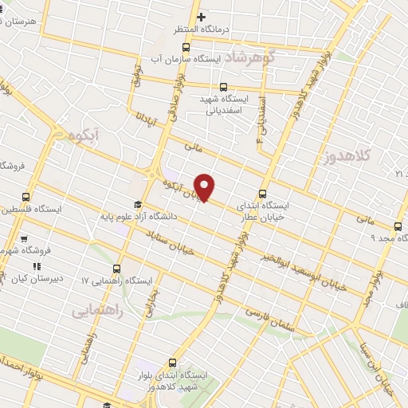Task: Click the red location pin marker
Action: click(205, 187)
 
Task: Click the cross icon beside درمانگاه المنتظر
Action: click(202, 18)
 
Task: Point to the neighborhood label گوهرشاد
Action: click(249, 57)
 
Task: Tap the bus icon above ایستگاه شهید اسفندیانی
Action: click(222, 87)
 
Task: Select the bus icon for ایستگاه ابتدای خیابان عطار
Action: click(264, 193)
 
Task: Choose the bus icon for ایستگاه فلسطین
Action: click(26, 197)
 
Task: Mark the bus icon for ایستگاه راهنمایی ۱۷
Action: click(117, 269)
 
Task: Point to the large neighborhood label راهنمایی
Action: click(98, 310)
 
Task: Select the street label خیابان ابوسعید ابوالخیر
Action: click(305, 272)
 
